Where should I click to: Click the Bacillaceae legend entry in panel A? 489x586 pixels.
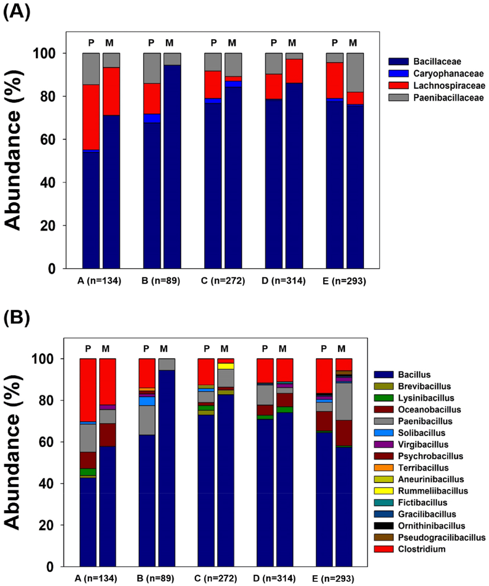[437, 61]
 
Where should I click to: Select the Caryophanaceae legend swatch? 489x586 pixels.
[398, 73]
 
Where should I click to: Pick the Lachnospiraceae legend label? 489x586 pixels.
[449, 85]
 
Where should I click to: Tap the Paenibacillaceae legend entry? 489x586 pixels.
[448, 97]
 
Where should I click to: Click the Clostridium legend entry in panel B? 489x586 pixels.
[422, 549]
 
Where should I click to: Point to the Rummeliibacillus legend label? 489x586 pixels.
[433, 491]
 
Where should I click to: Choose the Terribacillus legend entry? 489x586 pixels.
[423, 468]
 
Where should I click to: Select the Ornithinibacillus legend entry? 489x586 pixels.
[431, 526]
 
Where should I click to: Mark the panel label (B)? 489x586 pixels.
[16, 318]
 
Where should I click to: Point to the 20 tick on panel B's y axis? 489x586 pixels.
[46, 525]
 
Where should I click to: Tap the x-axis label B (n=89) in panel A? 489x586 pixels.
[161, 281]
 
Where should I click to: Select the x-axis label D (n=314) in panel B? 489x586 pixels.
[275, 578]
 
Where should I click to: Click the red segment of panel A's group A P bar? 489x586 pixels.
[91, 117]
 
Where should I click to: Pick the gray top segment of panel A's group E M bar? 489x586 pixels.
[355, 73]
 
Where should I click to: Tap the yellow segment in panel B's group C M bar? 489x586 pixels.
[226, 366]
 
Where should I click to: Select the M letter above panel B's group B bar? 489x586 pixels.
[164, 349]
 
